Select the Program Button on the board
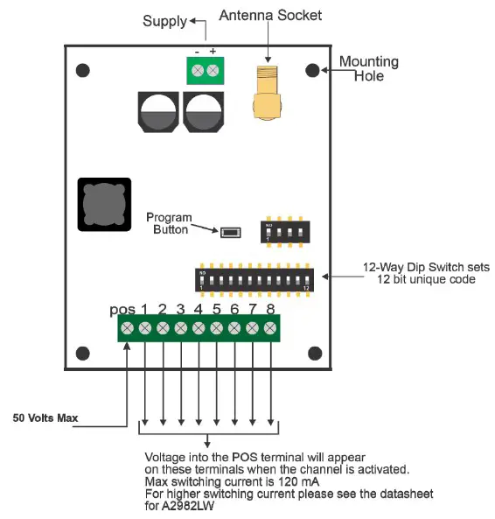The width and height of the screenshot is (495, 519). (x=231, y=233)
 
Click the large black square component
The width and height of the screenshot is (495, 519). (x=103, y=204)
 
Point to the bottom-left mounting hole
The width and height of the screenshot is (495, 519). (x=83, y=353)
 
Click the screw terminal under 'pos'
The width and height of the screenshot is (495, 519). (x=127, y=328)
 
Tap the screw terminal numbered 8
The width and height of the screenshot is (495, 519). (x=270, y=328)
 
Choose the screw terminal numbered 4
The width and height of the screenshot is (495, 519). (x=199, y=328)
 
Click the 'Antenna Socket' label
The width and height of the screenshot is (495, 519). (x=270, y=16)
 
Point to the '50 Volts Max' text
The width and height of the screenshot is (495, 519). (x=45, y=418)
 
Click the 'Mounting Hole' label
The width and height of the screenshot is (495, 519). (x=368, y=68)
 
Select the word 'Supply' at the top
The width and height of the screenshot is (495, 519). (x=164, y=20)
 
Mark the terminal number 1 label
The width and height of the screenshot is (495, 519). (x=144, y=309)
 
